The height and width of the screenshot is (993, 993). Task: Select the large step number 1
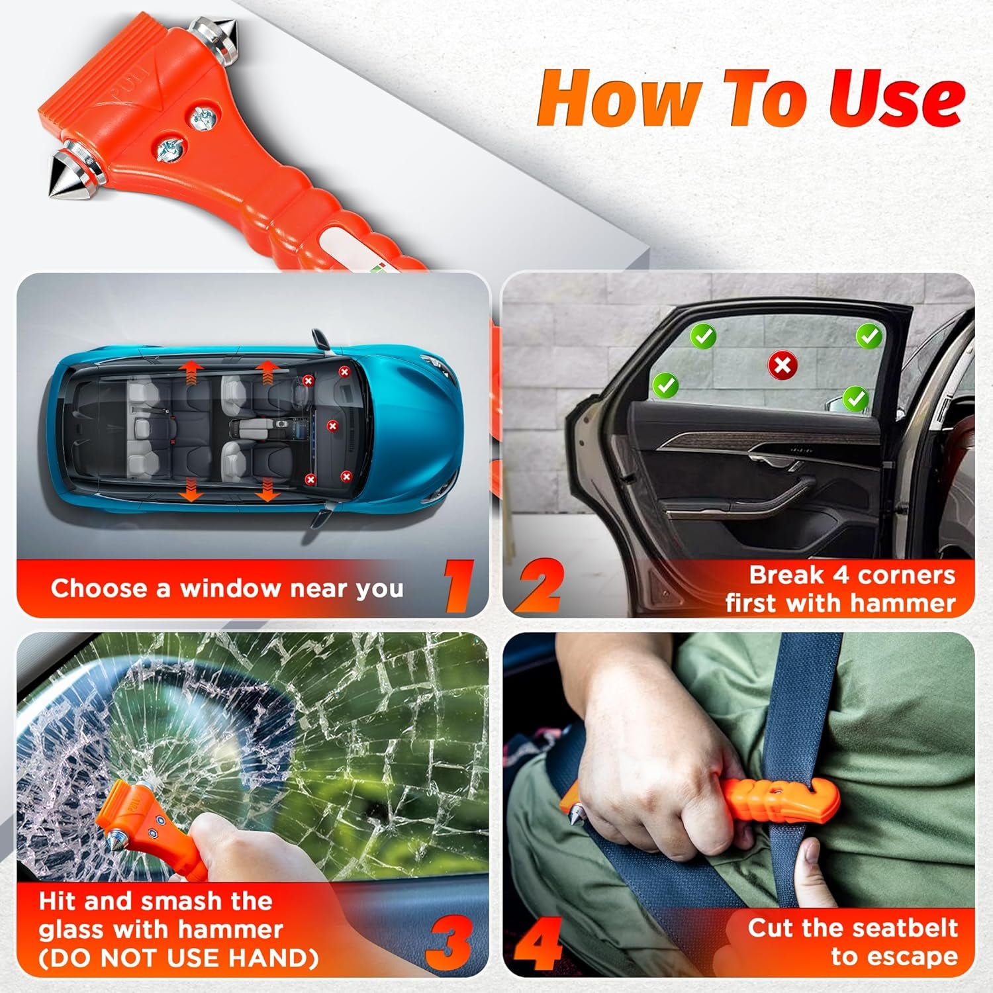pos(459,586)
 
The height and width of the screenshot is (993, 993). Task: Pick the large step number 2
pos(538,586)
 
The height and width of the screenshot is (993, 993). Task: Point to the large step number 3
pos(448,943)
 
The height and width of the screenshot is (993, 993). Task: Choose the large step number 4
pos(538,943)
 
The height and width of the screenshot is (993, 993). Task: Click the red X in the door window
pos(782,365)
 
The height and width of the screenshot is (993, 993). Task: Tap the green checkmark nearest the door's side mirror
pos(856,399)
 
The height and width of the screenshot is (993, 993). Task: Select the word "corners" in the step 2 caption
pos(906,575)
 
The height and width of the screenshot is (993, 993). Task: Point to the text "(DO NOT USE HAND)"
pos(179,958)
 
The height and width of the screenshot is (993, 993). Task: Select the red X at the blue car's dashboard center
pos(332,426)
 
